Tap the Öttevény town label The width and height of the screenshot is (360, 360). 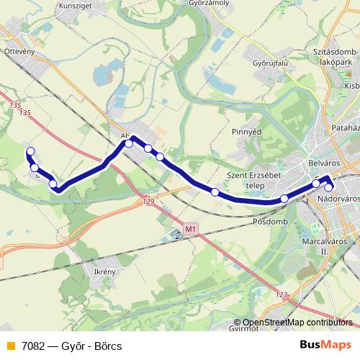coord(19,51)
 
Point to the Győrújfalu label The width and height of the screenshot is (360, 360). coord(270,63)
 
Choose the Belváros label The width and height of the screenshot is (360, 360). coord(322,162)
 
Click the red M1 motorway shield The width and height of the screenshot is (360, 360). coord(190,229)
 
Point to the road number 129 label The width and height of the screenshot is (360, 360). coord(149,202)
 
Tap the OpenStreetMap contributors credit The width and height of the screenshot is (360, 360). coord(297,323)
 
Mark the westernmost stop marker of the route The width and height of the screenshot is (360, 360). coord(30,151)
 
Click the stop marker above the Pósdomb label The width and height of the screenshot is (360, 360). coord(284,198)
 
